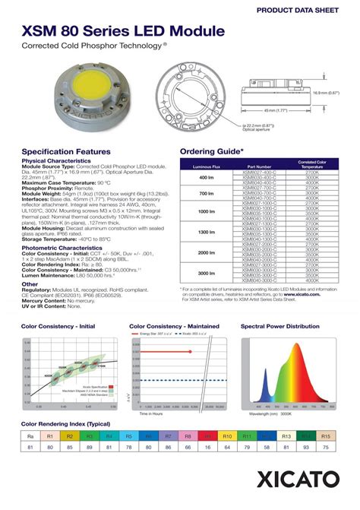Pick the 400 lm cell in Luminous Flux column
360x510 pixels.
pos(207,178)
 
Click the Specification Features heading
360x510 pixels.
pos(67,151)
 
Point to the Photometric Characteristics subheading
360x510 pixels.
pos(62,248)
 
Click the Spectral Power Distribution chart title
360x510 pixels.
pos(279,326)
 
